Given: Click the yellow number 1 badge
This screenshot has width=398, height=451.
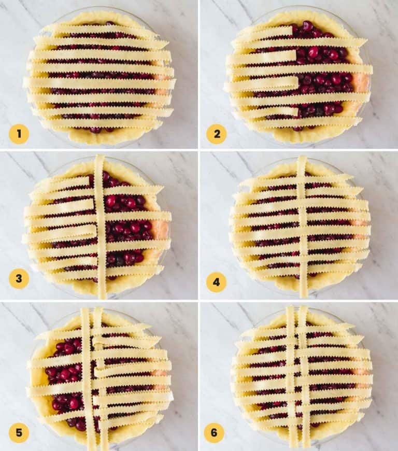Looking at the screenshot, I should [19, 134].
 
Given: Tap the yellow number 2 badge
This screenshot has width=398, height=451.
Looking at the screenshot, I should [217, 134].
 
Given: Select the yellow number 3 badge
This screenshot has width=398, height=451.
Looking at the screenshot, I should [19, 279].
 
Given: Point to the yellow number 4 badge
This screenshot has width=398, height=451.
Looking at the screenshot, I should [217, 283].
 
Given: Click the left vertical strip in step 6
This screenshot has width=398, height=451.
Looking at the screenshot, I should [291, 378].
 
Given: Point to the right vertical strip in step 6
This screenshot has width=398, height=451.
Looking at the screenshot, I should [304, 378].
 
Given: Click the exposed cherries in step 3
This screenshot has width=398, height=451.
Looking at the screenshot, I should [127, 228].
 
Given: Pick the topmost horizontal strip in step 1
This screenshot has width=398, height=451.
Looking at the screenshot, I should [98, 29].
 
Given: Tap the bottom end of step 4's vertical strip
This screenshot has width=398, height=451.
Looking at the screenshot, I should [303, 293].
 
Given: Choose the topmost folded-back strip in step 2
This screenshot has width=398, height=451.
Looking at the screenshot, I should [264, 32].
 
